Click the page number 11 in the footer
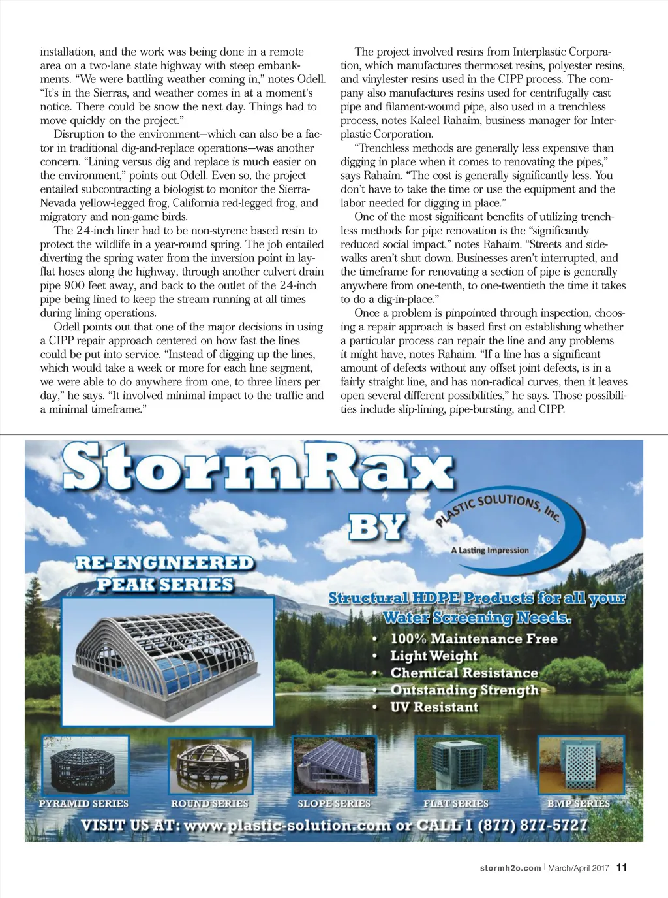point(622,867)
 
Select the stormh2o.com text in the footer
point(510,868)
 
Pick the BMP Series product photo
point(578,765)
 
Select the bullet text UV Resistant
point(434,707)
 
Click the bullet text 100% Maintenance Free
point(474,639)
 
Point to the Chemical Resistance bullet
point(464,673)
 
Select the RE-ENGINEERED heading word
point(164,563)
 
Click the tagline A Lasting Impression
point(490,550)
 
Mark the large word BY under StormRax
point(378,527)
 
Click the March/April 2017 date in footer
point(578,868)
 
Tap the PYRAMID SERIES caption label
point(83,803)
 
